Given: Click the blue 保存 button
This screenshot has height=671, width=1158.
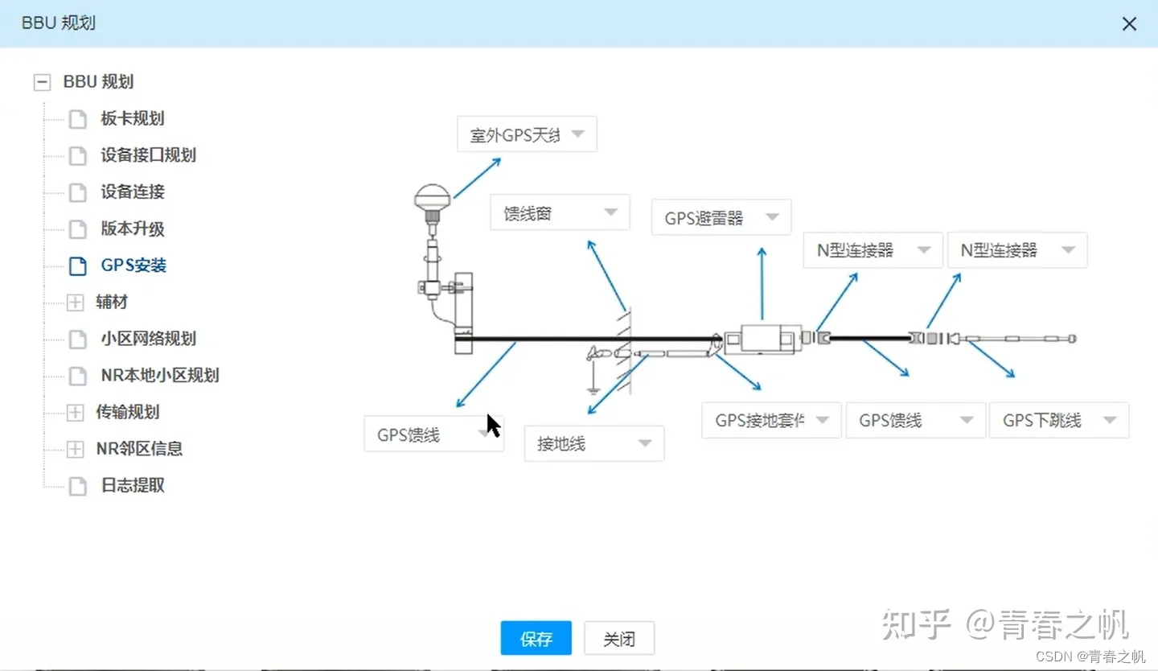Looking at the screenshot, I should tap(536, 639).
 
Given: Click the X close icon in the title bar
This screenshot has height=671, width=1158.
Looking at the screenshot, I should tap(1129, 24).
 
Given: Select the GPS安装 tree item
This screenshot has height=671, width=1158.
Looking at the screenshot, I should tap(133, 266).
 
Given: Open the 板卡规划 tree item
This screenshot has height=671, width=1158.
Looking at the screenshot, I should tap(132, 118).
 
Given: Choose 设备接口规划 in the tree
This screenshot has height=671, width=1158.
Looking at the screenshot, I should tap(148, 155).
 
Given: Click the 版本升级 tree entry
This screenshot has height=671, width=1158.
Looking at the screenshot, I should tap(132, 228).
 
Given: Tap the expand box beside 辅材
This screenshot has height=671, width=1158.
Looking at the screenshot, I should tap(75, 303).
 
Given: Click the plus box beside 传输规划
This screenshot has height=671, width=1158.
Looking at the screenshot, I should tap(75, 413).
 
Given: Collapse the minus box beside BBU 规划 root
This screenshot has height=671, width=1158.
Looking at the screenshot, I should tap(43, 82).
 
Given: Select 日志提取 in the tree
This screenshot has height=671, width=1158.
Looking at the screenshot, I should tap(132, 486).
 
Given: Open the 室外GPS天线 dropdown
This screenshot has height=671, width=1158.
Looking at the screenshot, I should tap(527, 134).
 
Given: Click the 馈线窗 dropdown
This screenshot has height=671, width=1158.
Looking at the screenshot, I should tap(560, 213).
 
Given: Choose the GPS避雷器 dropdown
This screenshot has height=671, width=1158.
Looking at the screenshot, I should tap(721, 217).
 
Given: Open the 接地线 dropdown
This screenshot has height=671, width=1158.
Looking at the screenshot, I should tap(593, 443).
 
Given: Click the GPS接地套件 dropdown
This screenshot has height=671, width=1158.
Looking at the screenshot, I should tap(771, 420).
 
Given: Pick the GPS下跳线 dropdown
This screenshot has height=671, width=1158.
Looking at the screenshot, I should tap(1058, 420).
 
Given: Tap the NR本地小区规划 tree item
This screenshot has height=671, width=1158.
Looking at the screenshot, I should tap(159, 376).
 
